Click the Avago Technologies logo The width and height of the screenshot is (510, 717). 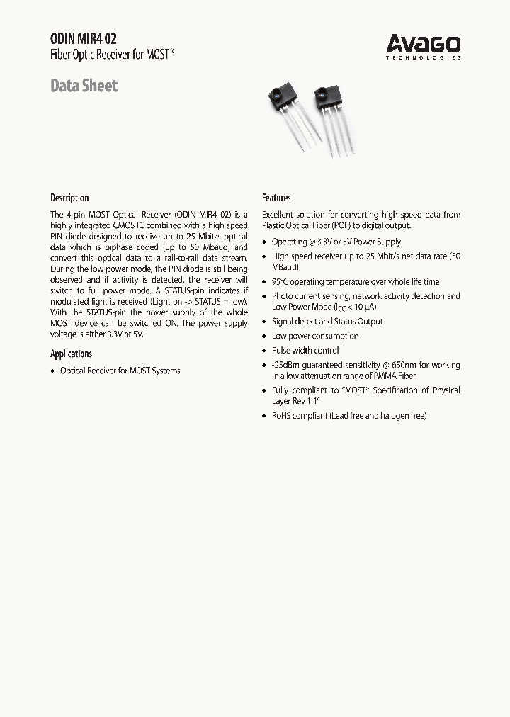click(x=423, y=47)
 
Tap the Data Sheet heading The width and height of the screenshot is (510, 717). click(x=84, y=86)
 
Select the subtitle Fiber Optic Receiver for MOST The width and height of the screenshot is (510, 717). click(x=111, y=55)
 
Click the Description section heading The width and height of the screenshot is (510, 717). click(x=69, y=198)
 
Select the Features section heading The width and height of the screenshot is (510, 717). click(x=276, y=198)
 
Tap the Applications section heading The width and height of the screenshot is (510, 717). click(x=71, y=354)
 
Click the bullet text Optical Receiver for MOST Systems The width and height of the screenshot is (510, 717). click(x=120, y=371)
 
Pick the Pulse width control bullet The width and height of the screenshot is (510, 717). click(x=305, y=351)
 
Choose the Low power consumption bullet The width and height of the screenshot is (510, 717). click(x=315, y=337)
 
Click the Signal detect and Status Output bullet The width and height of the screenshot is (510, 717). click(x=327, y=322)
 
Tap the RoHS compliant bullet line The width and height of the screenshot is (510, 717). click(x=348, y=416)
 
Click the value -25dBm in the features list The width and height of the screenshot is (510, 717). click(x=286, y=365)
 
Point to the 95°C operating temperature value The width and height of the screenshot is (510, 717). click(x=280, y=282)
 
